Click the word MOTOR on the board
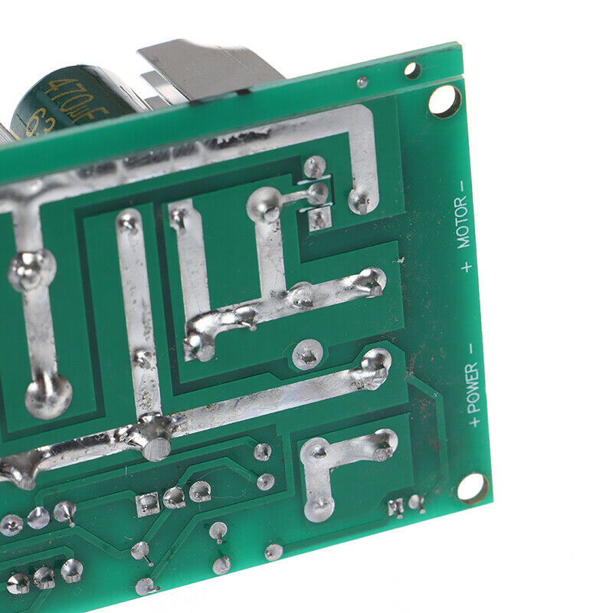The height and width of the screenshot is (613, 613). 462,222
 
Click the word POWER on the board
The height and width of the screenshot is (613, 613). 473,387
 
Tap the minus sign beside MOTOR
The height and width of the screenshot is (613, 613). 461,185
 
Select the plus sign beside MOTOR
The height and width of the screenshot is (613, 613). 466,266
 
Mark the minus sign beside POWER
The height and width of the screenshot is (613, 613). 470,349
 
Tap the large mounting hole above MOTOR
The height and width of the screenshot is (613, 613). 444,100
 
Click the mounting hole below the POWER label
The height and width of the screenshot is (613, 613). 470,487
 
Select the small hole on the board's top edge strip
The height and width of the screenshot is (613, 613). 412,71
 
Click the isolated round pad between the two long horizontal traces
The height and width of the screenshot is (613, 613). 306,354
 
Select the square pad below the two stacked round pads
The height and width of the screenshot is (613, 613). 319,220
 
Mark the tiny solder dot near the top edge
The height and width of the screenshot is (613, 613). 362,82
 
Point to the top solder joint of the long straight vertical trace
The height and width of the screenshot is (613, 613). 129,222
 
